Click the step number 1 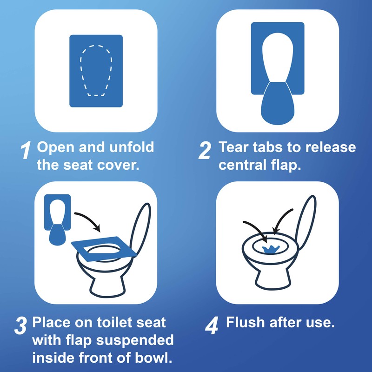[26, 152]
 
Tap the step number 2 [205, 152]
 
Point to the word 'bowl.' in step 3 [156, 358]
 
